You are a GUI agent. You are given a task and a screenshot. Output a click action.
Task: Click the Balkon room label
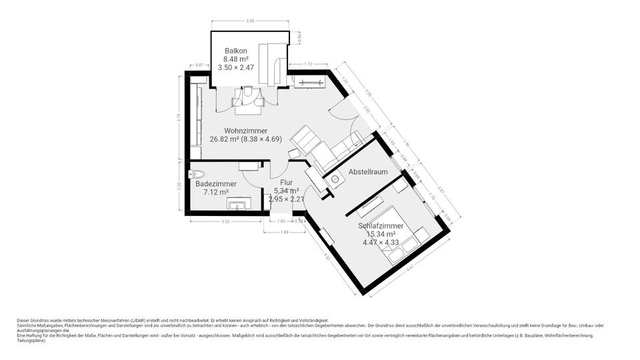(237, 50)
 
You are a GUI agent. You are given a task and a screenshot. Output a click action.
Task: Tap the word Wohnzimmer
(246, 131)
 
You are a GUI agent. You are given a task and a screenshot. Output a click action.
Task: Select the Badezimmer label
(215, 183)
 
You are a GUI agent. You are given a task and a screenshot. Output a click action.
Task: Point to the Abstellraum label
(368, 172)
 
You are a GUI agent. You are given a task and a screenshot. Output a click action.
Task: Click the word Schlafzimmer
(381, 226)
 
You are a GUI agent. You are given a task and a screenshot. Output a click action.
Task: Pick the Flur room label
(286, 181)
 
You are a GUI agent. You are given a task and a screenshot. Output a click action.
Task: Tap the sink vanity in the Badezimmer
(238, 203)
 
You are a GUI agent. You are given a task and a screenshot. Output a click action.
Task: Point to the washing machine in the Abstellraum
(335, 179)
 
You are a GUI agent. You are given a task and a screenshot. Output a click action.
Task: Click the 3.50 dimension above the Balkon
(250, 21)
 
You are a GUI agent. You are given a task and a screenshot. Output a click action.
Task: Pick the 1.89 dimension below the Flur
(284, 231)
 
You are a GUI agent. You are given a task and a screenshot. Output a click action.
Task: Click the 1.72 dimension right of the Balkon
(308, 64)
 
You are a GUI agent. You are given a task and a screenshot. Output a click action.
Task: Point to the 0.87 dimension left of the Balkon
(199, 65)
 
